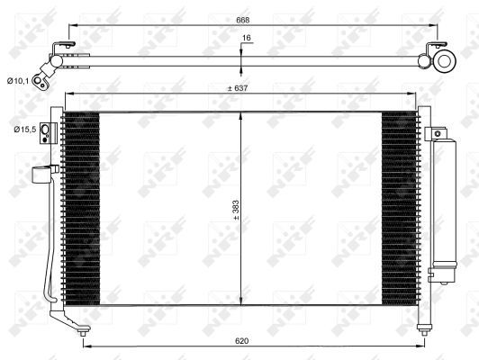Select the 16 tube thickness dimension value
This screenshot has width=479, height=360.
[x=246, y=39]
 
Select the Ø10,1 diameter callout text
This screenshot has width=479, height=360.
[x=20, y=82]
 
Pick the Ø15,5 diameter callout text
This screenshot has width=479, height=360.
[x=25, y=130]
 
